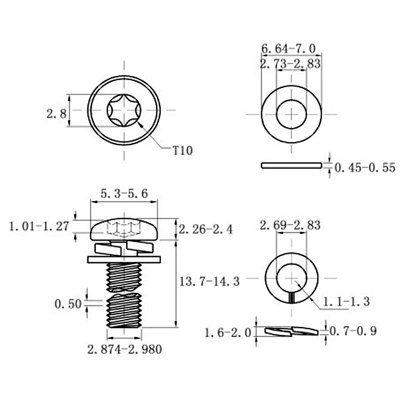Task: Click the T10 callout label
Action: [183, 150]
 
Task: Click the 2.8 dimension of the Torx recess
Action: [57, 114]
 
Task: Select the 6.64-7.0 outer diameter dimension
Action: [288, 48]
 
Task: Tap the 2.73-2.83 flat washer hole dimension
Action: [290, 63]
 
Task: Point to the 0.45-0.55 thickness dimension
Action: [365, 168]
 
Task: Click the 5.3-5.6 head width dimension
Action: [124, 194]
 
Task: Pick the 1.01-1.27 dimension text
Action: [39, 226]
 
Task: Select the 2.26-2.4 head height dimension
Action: [205, 229]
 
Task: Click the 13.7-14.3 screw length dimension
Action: [210, 282]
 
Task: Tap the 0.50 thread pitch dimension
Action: [68, 304]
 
